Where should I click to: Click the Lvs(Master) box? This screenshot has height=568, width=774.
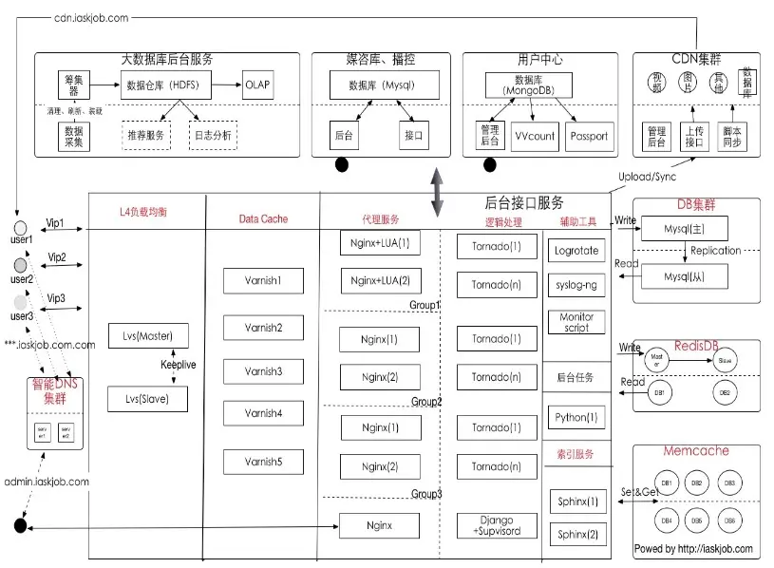coord(147,335)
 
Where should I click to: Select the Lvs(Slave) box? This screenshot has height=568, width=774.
coord(147,399)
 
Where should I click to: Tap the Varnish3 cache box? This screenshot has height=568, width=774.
coord(262,370)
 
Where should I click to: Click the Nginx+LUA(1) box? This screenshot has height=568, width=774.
coord(380,242)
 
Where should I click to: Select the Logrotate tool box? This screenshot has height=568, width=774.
coord(576,251)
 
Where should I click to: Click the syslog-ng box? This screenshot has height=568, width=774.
coord(576,285)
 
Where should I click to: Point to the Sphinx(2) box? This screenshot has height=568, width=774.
coord(577,535)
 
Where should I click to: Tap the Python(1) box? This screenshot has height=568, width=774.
coord(576,417)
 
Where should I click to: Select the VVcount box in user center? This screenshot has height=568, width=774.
coord(534,136)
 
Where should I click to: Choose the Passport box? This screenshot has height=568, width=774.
coord(589,136)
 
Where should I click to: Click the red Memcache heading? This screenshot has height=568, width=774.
coord(695,450)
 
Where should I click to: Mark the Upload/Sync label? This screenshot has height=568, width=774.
coord(648,177)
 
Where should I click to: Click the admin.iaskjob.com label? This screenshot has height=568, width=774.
coord(47,482)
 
